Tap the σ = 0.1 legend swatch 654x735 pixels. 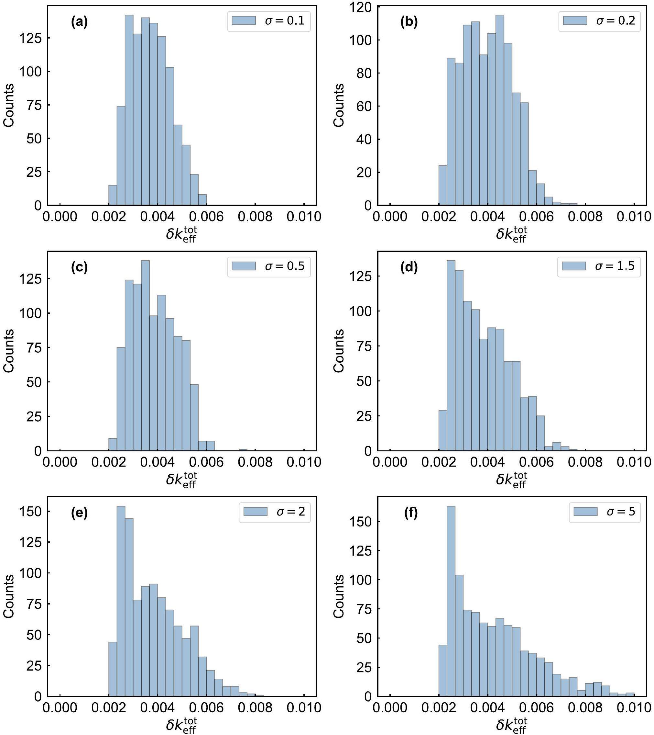243,20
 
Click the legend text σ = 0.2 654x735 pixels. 616,21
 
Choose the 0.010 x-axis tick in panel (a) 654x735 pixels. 304,217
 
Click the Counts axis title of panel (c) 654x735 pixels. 9,351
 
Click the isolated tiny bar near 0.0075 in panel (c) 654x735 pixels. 243,450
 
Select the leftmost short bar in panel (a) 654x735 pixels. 113,195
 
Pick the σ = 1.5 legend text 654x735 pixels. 615,266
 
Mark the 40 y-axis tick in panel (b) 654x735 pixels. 364,139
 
